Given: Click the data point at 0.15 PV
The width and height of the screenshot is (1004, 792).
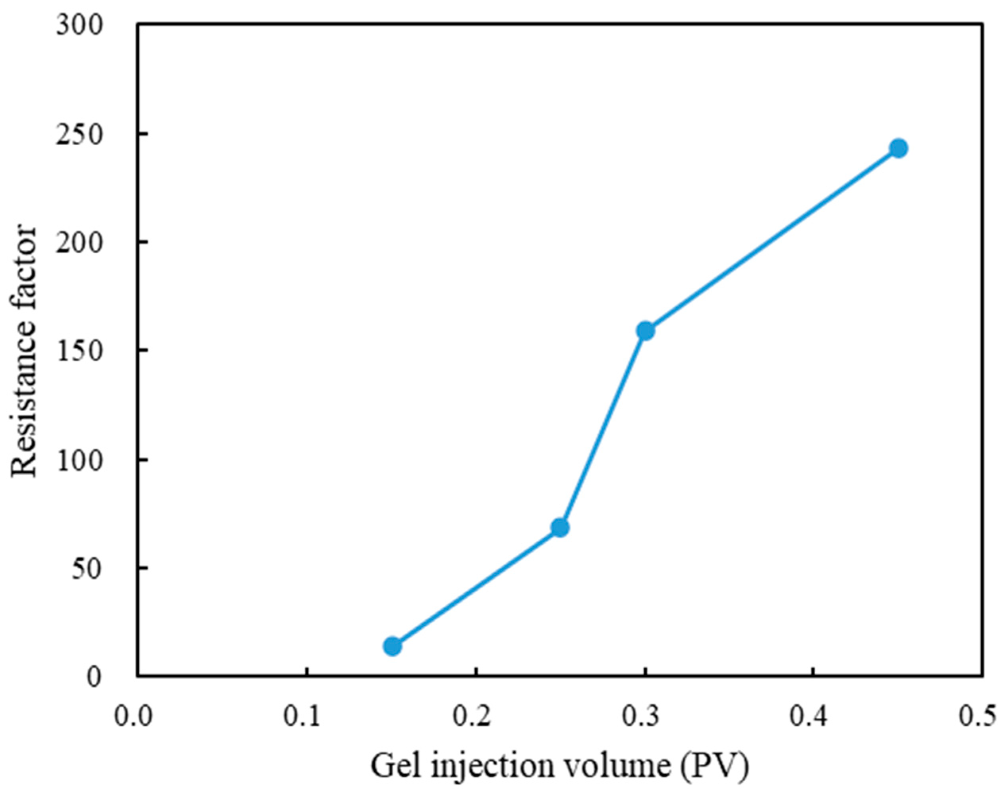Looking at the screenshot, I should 393,646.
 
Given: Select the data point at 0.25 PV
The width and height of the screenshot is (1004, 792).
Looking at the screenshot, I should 561,527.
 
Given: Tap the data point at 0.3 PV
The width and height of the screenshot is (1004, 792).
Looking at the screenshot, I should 645,331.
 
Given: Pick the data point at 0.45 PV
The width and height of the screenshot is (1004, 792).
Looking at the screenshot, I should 899,148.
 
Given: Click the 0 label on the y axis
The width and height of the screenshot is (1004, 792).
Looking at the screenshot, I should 94,677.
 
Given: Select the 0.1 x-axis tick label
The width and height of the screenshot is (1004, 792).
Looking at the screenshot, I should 302,717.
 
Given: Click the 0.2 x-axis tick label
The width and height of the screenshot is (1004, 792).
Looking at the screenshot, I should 472,717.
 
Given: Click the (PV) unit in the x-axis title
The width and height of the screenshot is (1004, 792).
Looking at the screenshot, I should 715,767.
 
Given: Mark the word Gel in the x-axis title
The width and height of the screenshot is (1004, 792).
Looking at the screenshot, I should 397,767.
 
